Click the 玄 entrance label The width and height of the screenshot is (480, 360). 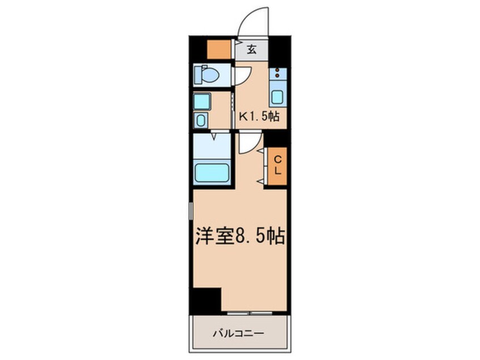[252, 49]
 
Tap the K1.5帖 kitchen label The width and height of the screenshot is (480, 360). [259, 116]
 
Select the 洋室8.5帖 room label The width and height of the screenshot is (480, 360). [241, 236]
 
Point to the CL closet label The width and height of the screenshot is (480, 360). [277, 166]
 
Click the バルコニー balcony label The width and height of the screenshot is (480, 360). [238, 333]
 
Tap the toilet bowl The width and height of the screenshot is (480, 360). [207, 75]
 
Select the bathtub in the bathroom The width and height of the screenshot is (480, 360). [212, 173]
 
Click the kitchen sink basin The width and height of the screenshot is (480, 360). [277, 98]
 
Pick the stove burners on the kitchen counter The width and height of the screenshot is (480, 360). [277, 73]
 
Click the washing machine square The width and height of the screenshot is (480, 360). [202, 102]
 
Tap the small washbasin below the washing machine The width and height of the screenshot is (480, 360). [200, 120]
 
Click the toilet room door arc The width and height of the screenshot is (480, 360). [244, 75]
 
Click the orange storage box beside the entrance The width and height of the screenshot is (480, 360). [219, 49]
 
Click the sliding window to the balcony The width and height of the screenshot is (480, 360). [250, 313]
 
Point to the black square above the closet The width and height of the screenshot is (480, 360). [275, 138]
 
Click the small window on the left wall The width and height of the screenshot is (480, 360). [191, 211]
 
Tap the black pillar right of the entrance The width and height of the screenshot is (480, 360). [279, 52]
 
